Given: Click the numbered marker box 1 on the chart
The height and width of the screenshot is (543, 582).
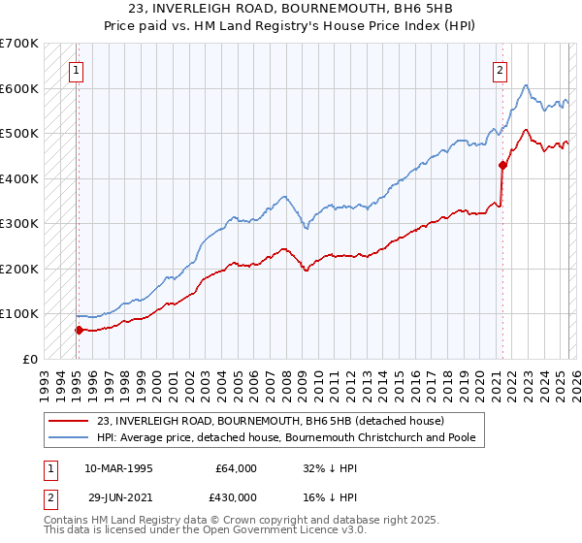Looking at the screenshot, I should (76, 69).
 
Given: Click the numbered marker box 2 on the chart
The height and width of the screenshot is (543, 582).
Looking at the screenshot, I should (500, 69).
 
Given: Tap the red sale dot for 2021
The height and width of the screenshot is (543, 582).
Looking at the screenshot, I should (502, 165).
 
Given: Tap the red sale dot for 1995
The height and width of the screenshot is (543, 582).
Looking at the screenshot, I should (79, 330).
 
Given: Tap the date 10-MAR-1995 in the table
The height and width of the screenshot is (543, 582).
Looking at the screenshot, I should (118, 468).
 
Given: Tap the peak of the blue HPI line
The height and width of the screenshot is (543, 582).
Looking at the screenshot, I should (525, 85).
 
